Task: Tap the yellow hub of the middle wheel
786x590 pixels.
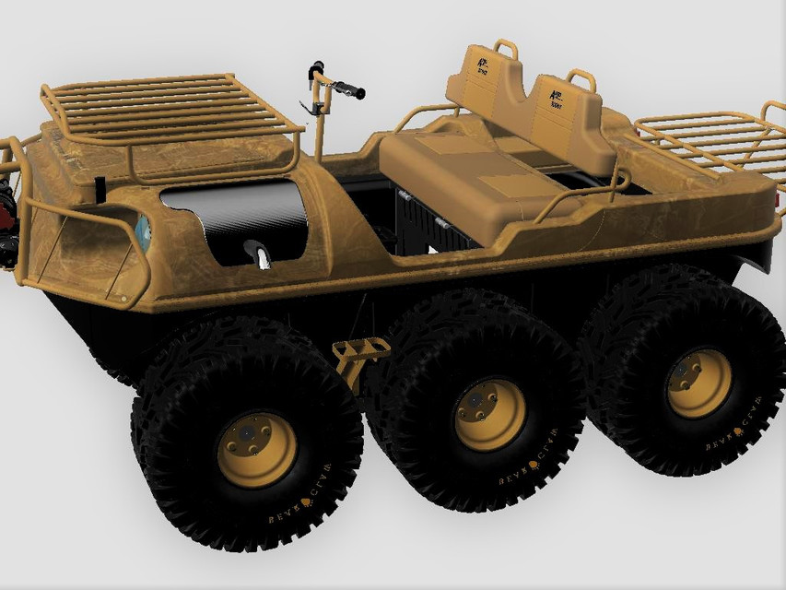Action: pos(490,415)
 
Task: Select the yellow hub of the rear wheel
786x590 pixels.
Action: pos(699,383)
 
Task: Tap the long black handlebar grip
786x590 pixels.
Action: pos(348,89)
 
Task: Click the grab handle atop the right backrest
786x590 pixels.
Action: pos(581,77)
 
